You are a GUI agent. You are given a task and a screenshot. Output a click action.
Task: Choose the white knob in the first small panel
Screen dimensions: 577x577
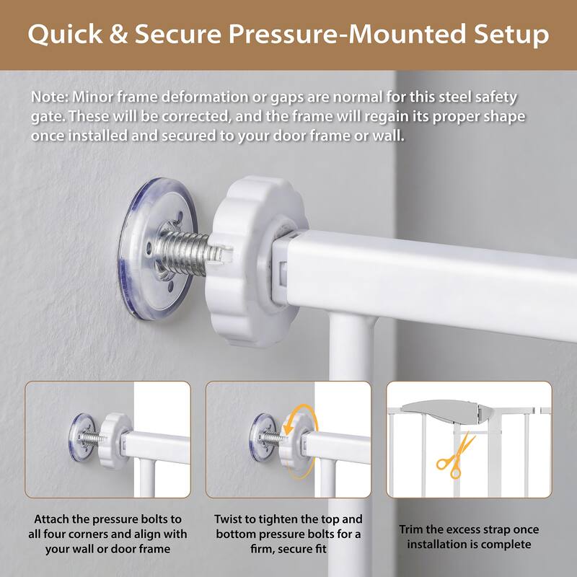coord(115,436)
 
